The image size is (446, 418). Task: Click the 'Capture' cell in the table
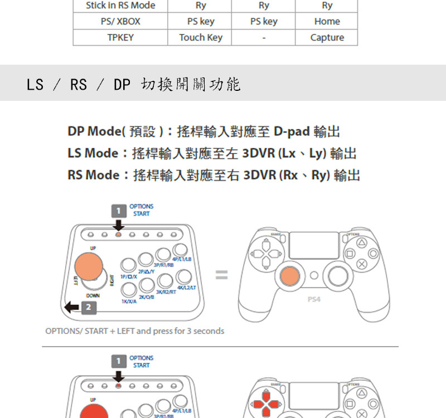pyautogui.click(x=327, y=37)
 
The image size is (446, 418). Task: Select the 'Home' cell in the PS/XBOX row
pyautogui.click(x=327, y=21)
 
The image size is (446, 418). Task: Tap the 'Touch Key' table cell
pyautogui.click(x=200, y=37)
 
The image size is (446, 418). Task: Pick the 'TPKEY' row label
pyautogui.click(x=120, y=37)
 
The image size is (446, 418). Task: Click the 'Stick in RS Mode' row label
pyautogui.click(x=120, y=6)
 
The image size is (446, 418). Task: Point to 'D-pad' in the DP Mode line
pyautogui.click(x=292, y=132)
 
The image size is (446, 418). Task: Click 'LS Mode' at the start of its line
pyautogui.click(x=93, y=153)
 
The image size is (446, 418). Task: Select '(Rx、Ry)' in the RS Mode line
pyautogui.click(x=306, y=175)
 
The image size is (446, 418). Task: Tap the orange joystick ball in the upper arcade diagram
pyautogui.click(x=89, y=266)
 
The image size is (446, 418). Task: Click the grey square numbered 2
pyautogui.click(x=89, y=308)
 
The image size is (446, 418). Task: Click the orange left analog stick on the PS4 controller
pyautogui.click(x=289, y=275)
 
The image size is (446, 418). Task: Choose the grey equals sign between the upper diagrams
pyautogui.click(x=222, y=275)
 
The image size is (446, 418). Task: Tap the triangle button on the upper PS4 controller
pyautogui.click(x=362, y=242)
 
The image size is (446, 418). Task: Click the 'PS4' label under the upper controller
pyautogui.click(x=314, y=299)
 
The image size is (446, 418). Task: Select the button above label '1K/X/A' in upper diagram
pyautogui.click(x=129, y=289)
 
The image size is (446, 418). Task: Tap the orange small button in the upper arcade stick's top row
pyautogui.click(x=118, y=234)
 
